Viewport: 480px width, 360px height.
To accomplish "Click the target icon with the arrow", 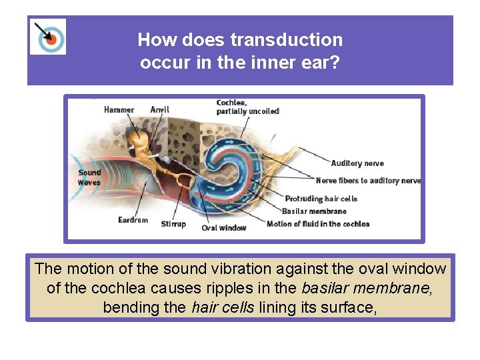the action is pyautogui.click(x=48, y=37).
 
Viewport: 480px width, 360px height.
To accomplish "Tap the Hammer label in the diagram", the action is pyautogui.click(x=119, y=110).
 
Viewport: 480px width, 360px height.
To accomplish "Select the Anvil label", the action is pyautogui.click(x=160, y=110).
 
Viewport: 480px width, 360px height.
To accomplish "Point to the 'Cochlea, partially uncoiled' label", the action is pyautogui.click(x=247, y=107).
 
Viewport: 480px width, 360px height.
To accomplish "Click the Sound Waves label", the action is pyautogui.click(x=89, y=177).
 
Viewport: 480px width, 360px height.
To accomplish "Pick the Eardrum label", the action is pyautogui.click(x=133, y=220).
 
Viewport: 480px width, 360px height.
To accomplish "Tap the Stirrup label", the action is pyautogui.click(x=173, y=224).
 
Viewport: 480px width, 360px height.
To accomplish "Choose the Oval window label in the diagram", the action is pyautogui.click(x=224, y=228).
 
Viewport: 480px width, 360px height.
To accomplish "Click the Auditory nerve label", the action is pyautogui.click(x=357, y=163).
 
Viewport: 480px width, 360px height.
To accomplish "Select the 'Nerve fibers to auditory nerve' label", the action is pyautogui.click(x=368, y=181).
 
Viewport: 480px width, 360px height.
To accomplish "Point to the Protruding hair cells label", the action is pyautogui.click(x=321, y=199).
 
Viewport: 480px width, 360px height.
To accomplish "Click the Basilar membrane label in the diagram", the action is pyautogui.click(x=314, y=211).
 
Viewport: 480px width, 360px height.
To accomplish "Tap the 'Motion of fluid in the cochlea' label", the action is pyautogui.click(x=318, y=224).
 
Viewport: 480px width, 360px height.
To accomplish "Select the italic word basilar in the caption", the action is pyautogui.click(x=325, y=289).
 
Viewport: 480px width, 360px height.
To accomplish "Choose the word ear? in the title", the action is pyautogui.click(x=322, y=63).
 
